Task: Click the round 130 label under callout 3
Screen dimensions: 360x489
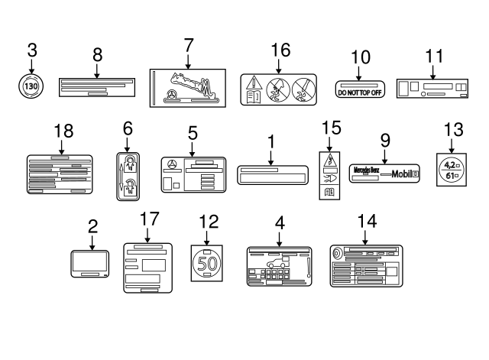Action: [32, 86]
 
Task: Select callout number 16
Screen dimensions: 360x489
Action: [281, 50]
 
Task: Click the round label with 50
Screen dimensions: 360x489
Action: [206, 264]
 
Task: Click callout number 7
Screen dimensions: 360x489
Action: [188, 45]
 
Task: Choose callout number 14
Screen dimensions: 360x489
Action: [367, 221]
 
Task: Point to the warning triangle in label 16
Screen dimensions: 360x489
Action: [254, 83]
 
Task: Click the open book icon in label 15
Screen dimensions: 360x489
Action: [330, 193]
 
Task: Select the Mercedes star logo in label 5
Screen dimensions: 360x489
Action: [173, 165]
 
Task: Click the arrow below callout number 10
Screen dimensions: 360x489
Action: [360, 73]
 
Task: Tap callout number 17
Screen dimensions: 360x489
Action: [150, 219]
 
